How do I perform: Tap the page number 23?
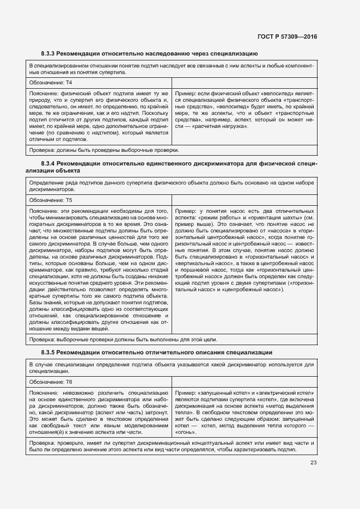(x=313, y=463)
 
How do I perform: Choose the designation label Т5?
(x=69, y=200)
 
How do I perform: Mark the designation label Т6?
(x=69, y=382)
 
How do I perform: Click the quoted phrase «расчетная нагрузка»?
(x=224, y=126)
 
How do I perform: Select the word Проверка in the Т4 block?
(x=42, y=150)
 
